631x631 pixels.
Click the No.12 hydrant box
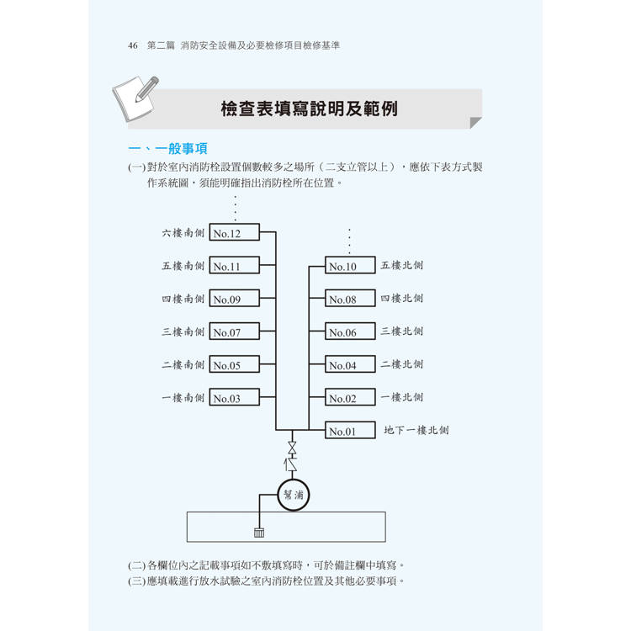pyautogui.click(x=234, y=232)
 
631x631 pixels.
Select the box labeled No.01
pyautogui.click(x=350, y=430)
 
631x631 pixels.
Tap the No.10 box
pyautogui.click(x=350, y=265)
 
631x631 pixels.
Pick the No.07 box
pyautogui.click(x=234, y=331)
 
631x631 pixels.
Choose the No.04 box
pyautogui.click(x=350, y=364)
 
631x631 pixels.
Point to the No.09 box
pyautogui.click(x=234, y=298)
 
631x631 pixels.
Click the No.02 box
pyautogui.click(x=350, y=397)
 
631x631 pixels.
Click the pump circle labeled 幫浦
pyautogui.click(x=294, y=495)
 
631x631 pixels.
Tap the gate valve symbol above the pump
pyautogui.click(x=293, y=448)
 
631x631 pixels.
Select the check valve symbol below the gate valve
pyautogui.click(x=291, y=464)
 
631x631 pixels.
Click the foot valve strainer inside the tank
pyautogui.click(x=259, y=533)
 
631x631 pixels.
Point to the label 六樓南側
pyautogui.click(x=183, y=232)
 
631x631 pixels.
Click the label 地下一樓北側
pyautogui.click(x=416, y=430)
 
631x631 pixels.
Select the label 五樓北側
pyautogui.click(x=401, y=265)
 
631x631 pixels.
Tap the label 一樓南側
pyautogui.click(x=183, y=398)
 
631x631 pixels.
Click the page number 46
pyautogui.click(x=133, y=45)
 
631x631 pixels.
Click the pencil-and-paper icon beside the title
pyautogui.click(x=135, y=98)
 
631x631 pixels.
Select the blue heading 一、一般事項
pyautogui.click(x=167, y=148)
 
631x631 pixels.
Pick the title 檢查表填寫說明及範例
pyautogui.click(x=309, y=109)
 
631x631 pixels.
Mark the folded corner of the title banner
pyautogui.click(x=475, y=122)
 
